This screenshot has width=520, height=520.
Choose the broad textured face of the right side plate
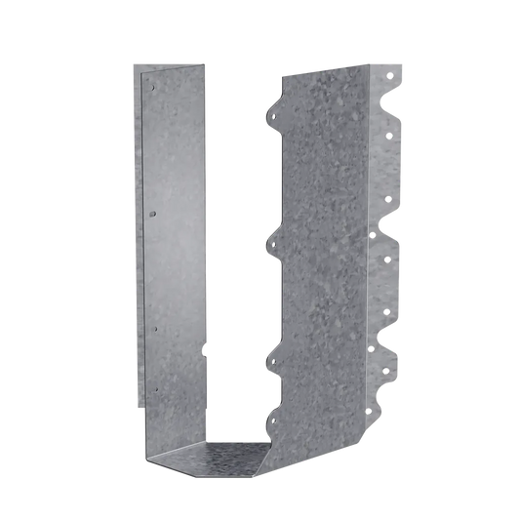point(322,254)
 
